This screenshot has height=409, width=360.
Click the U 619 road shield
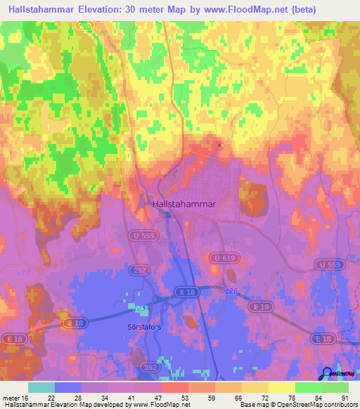point(220,259)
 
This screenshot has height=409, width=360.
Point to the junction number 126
point(231,291)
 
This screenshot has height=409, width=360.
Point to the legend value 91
point(344,397)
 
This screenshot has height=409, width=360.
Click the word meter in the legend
point(11,397)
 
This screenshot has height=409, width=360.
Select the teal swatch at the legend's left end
point(41,387)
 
